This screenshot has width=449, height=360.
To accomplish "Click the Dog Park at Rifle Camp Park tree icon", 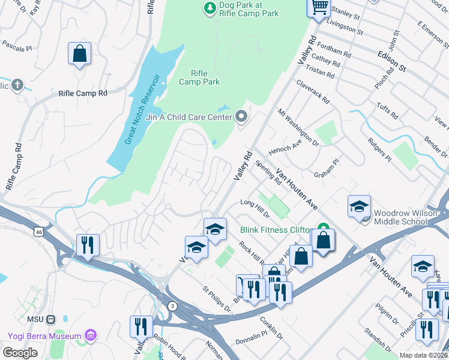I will pos(209,8).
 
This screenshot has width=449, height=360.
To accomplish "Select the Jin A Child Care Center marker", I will pos(241,116).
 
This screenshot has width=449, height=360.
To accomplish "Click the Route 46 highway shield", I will pos(39,230).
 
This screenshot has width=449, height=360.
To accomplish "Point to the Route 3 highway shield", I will pos(173,306).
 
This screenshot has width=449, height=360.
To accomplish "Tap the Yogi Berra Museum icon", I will pos(91,334).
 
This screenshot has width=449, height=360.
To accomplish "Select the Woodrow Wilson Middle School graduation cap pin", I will pos(358,207).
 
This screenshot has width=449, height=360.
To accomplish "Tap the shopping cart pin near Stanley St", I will pos(319,7).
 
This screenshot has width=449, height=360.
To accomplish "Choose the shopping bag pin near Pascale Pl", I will pos(79,54).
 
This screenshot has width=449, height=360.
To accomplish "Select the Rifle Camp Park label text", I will pos(200,77).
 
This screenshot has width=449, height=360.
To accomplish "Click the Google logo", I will pos(20,353).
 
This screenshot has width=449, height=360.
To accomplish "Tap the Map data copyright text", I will pos(423,355).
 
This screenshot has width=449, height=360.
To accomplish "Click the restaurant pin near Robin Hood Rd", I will pos(141,326).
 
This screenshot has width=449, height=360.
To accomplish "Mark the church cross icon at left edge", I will pos(17,85).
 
